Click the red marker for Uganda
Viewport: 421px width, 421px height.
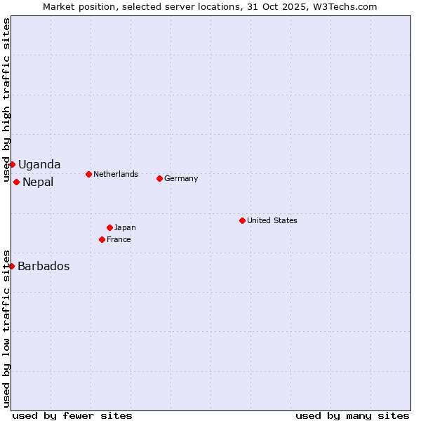click(12, 164)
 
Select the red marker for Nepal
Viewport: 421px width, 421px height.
click(16, 182)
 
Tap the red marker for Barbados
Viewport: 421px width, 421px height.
click(11, 266)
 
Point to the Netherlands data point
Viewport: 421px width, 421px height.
click(88, 174)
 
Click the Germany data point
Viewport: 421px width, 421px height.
click(159, 178)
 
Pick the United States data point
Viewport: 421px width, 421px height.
click(242, 220)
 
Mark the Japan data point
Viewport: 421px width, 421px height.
click(109, 227)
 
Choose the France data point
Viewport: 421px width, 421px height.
click(102, 239)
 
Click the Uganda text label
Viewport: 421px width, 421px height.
click(39, 165)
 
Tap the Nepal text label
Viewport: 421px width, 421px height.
click(38, 182)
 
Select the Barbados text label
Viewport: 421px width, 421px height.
click(44, 267)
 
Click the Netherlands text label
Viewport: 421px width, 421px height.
click(116, 174)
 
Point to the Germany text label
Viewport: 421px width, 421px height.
click(181, 179)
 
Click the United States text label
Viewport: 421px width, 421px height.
click(272, 220)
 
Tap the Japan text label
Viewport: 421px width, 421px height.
click(125, 227)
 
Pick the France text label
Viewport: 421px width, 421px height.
click(119, 240)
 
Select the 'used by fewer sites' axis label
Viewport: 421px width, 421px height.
click(72, 415)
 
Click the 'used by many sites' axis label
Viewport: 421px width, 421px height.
click(352, 415)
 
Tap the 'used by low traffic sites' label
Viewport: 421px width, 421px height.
click(6, 328)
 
